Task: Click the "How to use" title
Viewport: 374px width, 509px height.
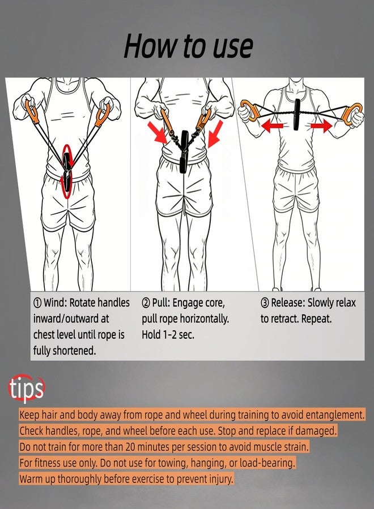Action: click(188, 46)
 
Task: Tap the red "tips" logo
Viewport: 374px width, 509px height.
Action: click(26, 388)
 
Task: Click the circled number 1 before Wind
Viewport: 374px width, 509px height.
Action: click(37, 303)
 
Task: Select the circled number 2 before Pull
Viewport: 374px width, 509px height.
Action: click(146, 303)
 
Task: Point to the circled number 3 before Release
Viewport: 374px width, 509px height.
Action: click(265, 303)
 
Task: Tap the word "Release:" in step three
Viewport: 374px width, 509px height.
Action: click(288, 303)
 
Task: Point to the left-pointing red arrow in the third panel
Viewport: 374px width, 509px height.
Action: click(272, 126)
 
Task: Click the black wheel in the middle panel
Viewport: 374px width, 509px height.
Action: click(185, 151)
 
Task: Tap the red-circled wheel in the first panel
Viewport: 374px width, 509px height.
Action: click(67, 171)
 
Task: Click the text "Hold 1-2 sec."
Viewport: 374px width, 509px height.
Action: click(168, 335)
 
